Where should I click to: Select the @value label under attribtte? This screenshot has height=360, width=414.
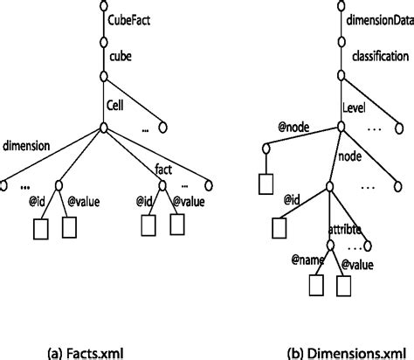point(358,262)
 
